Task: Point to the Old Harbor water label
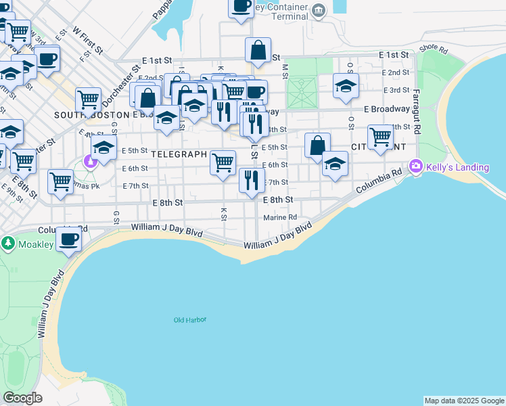click(x=189, y=320)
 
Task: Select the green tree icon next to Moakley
click(x=8, y=242)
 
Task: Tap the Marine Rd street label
click(x=280, y=217)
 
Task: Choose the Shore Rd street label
click(x=433, y=49)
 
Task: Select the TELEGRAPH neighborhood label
click(x=179, y=154)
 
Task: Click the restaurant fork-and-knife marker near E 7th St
click(x=251, y=180)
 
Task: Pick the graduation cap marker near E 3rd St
click(x=345, y=86)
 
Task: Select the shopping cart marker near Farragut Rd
click(x=381, y=137)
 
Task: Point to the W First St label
click(x=88, y=41)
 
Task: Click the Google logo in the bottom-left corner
click(x=22, y=398)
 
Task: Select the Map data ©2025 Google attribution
click(x=464, y=401)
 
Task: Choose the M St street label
click(x=285, y=70)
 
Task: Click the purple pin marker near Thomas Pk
click(x=90, y=161)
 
